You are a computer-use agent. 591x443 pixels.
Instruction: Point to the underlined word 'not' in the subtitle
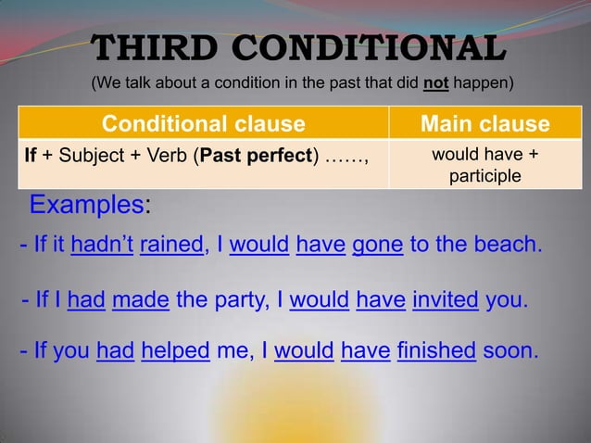tap(435, 84)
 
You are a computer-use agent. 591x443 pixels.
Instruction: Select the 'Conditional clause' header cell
tap(203, 123)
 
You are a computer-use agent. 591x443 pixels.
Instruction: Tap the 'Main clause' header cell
tap(484, 123)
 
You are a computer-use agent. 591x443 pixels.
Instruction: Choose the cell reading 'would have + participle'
tap(484, 164)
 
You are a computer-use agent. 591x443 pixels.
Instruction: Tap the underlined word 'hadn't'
tap(102, 246)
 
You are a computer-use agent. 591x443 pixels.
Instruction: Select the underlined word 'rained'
tap(171, 246)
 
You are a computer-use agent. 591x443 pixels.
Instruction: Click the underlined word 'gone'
tap(378, 246)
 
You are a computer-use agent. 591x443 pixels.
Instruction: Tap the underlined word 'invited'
tap(445, 300)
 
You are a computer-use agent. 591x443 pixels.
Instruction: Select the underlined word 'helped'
tap(175, 351)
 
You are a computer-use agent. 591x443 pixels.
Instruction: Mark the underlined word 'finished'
tap(435, 351)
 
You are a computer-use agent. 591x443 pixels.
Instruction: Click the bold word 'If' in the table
tap(31, 155)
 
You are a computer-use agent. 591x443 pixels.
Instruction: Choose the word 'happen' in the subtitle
tap(482, 84)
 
